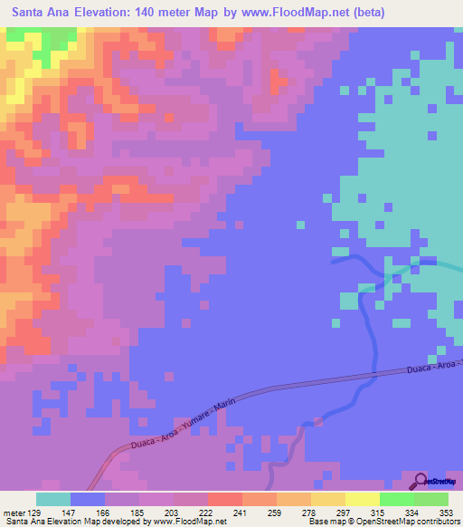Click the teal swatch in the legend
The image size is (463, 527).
point(53,499)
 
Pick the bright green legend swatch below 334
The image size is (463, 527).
point(397,499)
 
